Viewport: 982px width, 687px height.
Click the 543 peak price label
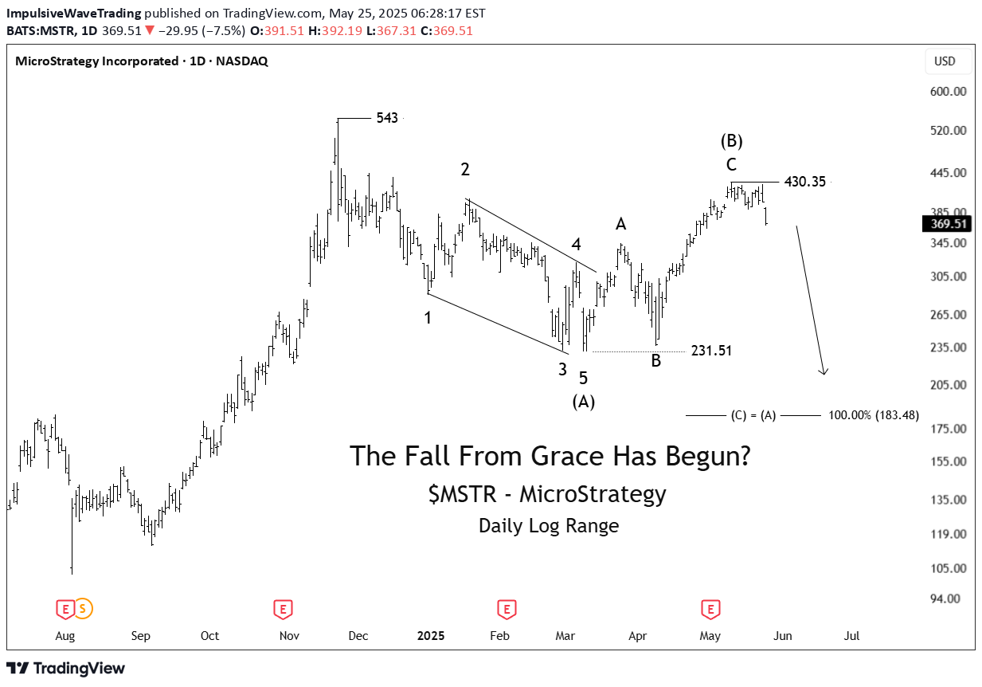coord(387,118)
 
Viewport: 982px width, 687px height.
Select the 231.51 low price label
coord(711,351)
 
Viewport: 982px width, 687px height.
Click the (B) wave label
coord(732,141)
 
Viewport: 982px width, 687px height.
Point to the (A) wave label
coord(584,402)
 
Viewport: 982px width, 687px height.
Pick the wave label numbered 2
coord(465,169)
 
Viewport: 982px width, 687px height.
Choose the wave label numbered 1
coord(428,318)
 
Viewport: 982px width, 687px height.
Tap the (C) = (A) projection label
coord(753,415)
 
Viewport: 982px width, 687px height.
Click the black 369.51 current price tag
coord(945,224)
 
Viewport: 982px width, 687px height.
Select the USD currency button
coord(945,61)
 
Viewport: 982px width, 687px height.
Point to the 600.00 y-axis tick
coord(948,92)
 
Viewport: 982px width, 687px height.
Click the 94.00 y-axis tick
coord(951,599)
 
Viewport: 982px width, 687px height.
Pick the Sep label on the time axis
coord(141,636)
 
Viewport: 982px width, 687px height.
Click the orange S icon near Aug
coord(84,610)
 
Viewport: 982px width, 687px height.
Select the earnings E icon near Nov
coord(281,610)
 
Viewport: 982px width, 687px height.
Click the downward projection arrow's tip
coord(824,373)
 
